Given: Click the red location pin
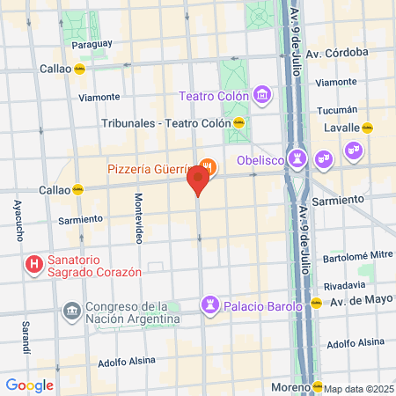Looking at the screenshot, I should click(198, 180).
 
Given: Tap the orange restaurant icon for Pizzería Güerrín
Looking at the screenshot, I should click(208, 165).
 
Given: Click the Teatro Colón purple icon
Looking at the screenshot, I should click(261, 94).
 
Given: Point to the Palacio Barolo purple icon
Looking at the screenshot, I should click(210, 304).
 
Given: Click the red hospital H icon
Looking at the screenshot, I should click(33, 263).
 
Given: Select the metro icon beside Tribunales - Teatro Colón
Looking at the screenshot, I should click(238, 123).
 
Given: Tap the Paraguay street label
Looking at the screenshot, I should click(92, 43).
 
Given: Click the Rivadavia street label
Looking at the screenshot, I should click(344, 285).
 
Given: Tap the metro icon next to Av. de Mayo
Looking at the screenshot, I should click(316, 304).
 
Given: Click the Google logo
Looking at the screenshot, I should click(29, 385).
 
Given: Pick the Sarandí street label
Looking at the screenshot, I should click(25, 338).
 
